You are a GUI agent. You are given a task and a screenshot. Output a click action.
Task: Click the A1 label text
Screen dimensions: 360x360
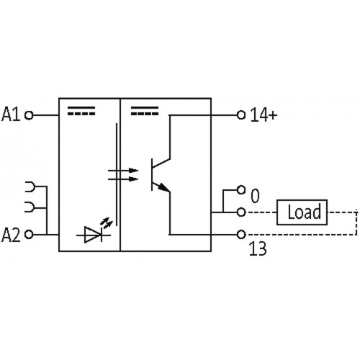[x=12, y=114]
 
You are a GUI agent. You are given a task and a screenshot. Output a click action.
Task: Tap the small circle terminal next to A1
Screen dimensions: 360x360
[x=29, y=114]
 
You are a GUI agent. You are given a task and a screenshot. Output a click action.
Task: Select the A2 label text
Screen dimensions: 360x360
[x=12, y=235]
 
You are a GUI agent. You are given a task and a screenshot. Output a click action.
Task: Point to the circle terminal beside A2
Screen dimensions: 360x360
[x=29, y=235]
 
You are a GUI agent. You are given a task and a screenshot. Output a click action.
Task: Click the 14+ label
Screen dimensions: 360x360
[x=264, y=114]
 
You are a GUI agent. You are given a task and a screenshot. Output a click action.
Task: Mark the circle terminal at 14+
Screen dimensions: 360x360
[x=241, y=114]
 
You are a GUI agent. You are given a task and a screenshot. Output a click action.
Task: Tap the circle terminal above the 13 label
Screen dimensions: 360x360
[x=241, y=235]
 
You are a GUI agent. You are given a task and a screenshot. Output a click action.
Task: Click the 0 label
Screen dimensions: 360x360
[x=253, y=194]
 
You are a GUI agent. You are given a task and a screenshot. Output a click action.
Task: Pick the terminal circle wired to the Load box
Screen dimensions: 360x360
[x=241, y=212]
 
